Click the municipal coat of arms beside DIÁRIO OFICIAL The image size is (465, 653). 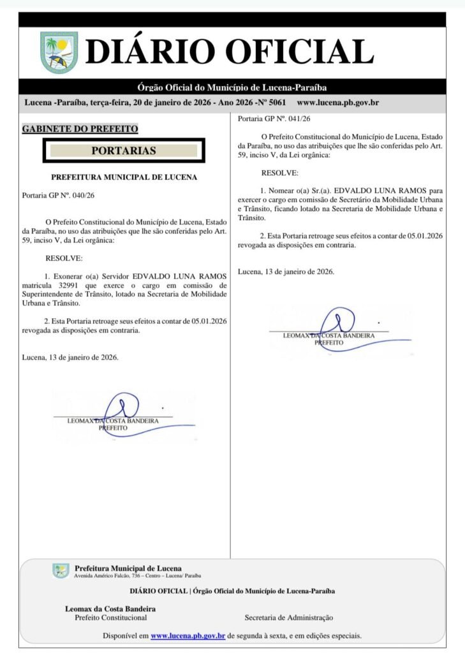[x=59, y=52]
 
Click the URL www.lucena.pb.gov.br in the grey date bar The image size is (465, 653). [x=338, y=103]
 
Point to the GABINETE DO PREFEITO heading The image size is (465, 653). [x=80, y=128]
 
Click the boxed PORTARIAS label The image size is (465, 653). [x=124, y=151]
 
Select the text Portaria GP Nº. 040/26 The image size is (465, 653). [x=58, y=194]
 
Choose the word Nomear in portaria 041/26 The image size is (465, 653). [x=283, y=190]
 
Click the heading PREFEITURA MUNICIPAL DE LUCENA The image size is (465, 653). [x=124, y=177]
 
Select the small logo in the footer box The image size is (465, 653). [x=61, y=571]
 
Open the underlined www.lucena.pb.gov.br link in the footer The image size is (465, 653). [x=188, y=636]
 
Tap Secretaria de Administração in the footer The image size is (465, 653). [x=288, y=617]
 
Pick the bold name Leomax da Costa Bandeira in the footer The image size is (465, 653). [x=110, y=608]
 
